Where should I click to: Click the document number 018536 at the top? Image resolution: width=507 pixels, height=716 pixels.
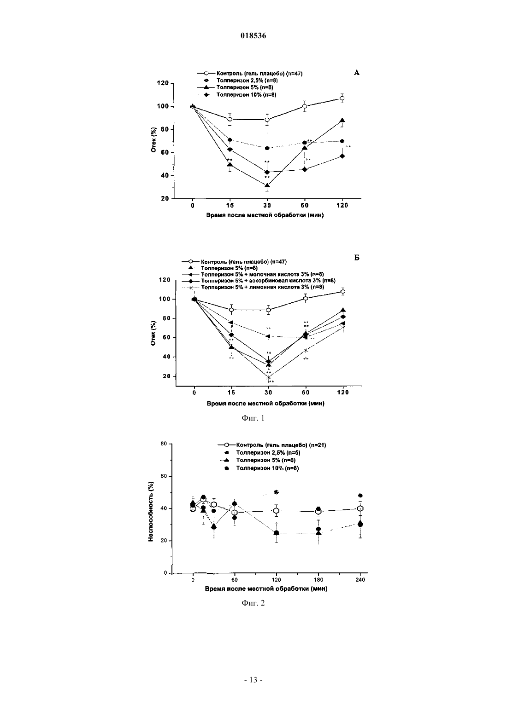click(253, 35)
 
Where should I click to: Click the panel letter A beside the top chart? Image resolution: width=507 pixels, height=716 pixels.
click(357, 73)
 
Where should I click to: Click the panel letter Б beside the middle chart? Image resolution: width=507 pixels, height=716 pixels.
click(357, 258)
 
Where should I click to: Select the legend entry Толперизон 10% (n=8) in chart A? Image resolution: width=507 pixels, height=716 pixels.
click(246, 95)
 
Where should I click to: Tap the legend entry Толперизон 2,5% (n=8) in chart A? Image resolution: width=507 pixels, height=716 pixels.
click(247, 81)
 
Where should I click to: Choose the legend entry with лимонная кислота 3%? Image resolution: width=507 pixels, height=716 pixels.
click(262, 287)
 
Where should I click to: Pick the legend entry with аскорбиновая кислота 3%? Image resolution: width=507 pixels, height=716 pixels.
click(268, 281)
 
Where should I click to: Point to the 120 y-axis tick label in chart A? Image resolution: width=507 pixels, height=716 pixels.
click(163, 83)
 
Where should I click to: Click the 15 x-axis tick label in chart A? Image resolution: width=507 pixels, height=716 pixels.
click(230, 205)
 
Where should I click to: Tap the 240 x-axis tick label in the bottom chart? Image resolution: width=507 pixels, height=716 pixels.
click(360, 580)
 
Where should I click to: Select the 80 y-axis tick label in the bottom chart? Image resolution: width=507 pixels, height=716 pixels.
click(164, 444)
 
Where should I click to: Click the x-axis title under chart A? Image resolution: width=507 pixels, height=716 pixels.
click(265, 215)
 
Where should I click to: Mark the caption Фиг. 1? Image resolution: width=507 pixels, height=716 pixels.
click(253, 418)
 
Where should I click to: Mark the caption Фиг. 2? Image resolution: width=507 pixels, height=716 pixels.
click(253, 603)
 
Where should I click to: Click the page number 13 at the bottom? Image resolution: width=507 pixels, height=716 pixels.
click(253, 680)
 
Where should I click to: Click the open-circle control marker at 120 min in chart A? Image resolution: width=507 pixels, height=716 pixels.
click(342, 98)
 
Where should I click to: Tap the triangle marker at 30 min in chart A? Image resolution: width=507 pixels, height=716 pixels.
click(267, 185)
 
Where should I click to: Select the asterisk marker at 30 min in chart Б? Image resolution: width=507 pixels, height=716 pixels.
click(269, 377)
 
